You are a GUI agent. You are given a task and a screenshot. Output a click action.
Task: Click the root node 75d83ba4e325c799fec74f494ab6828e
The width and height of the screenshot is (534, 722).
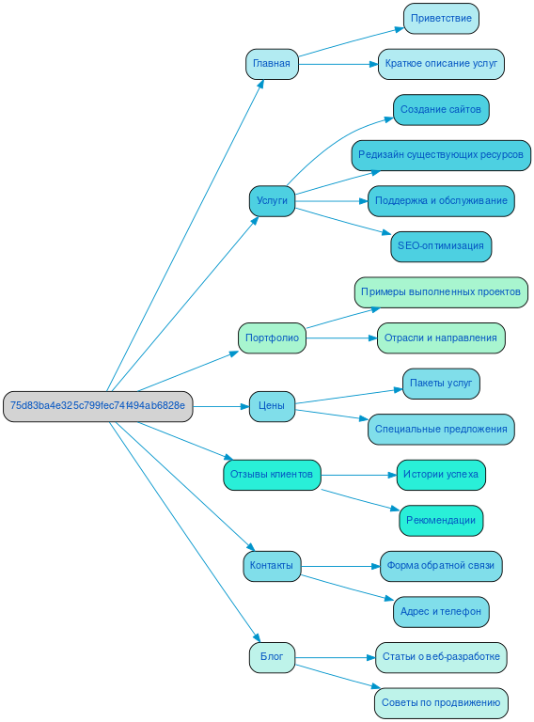point(98,406)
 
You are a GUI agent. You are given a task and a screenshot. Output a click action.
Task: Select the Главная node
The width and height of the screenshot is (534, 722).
point(272,64)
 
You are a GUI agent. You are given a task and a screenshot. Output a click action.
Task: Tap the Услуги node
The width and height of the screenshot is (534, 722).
point(272,201)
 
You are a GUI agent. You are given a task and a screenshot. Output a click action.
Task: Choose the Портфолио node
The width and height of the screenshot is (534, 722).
point(272,337)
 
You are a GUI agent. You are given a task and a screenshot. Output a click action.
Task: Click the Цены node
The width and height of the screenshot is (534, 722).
point(272,406)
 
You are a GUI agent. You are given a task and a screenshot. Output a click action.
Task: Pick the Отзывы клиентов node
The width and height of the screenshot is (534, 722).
point(272,475)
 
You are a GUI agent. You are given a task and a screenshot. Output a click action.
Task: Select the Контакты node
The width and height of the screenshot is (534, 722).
point(272,566)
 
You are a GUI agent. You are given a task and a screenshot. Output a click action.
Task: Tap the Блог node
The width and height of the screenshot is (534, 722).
point(272,657)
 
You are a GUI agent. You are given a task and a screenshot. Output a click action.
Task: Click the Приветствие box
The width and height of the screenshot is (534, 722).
point(441,19)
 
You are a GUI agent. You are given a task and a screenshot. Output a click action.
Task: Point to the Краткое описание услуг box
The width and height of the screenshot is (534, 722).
point(441,64)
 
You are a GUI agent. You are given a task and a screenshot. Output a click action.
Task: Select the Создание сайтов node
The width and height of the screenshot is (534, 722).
point(441,110)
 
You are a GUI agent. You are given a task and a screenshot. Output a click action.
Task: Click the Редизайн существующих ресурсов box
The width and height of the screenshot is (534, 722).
point(441,155)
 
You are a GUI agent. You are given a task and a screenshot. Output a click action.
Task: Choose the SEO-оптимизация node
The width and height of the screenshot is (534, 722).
point(441,246)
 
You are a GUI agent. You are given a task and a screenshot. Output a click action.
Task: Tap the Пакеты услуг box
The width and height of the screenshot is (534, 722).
point(441,384)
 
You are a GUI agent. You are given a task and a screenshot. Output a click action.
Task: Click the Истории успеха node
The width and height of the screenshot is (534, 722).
point(441,475)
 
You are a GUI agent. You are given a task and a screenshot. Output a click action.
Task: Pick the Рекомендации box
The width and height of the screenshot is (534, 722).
point(441,520)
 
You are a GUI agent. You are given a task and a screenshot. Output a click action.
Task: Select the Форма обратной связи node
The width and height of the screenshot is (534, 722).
point(441,566)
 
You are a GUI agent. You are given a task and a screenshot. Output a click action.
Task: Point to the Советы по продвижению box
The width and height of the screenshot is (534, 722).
point(441,702)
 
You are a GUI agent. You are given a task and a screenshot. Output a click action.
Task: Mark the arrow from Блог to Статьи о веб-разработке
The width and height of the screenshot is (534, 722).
point(335,657)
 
